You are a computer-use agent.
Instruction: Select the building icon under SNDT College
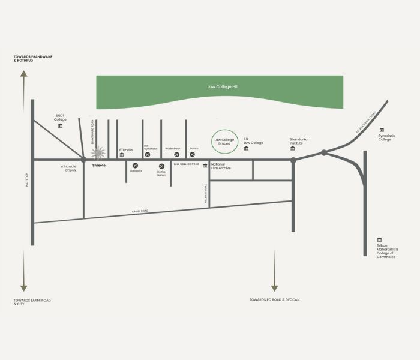pos(60,125)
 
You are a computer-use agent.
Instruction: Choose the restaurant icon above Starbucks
pos(135,166)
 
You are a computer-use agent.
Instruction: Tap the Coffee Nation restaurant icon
pos(161,166)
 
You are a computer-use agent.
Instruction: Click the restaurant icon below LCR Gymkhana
pos(147,154)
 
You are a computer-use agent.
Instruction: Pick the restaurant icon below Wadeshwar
pos(176,154)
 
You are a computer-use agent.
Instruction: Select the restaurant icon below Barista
pos(193,154)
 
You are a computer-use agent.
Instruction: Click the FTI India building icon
pos(122,154)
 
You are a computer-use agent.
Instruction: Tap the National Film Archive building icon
pos(205,166)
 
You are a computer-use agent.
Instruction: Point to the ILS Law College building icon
pos(246,148)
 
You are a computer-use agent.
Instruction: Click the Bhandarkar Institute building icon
pos(293,148)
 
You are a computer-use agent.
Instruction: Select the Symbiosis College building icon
pos(382,130)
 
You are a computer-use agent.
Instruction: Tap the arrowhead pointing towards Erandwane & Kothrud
pos(23,73)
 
